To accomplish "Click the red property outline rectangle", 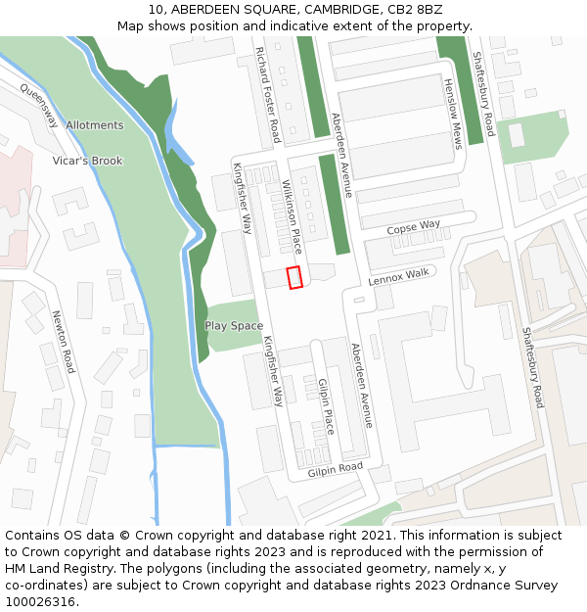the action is tap(293, 277).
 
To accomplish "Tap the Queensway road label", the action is tap(39, 105).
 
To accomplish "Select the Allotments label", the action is tap(95, 125).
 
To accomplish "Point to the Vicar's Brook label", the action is tap(88, 161).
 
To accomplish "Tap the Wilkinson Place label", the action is tap(292, 216).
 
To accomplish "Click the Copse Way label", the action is tap(413, 227).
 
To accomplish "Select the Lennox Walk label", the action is tap(398, 278).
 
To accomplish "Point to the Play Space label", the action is tap(234, 325).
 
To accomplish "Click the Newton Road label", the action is tap(63, 342).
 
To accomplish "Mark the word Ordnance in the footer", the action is tap(471, 585).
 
